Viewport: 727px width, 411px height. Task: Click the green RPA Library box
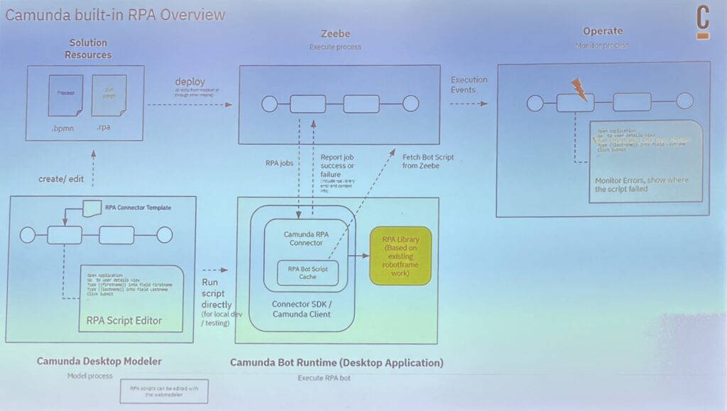pos(400,258)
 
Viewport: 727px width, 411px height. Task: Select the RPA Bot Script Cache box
pos(307,273)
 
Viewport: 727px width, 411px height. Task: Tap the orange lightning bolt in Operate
pos(579,89)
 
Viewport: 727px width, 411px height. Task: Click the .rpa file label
pos(104,128)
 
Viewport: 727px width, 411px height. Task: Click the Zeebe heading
pos(334,33)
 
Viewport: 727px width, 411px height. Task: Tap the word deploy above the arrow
pos(190,82)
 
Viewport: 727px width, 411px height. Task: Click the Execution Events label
pos(469,84)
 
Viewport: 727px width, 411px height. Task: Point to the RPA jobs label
pos(280,163)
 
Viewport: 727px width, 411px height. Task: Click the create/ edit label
pos(61,179)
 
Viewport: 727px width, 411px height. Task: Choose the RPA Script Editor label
pos(124,320)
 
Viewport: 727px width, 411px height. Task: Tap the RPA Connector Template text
pos(138,207)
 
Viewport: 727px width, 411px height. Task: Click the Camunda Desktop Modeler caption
pos(99,361)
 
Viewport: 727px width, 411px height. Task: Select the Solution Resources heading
pos(88,49)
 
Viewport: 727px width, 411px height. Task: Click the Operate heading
pos(603,31)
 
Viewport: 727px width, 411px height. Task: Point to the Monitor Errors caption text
pos(642,185)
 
